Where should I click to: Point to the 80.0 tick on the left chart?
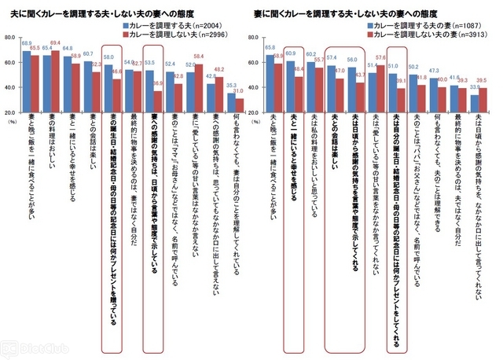tap(10, 39)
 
